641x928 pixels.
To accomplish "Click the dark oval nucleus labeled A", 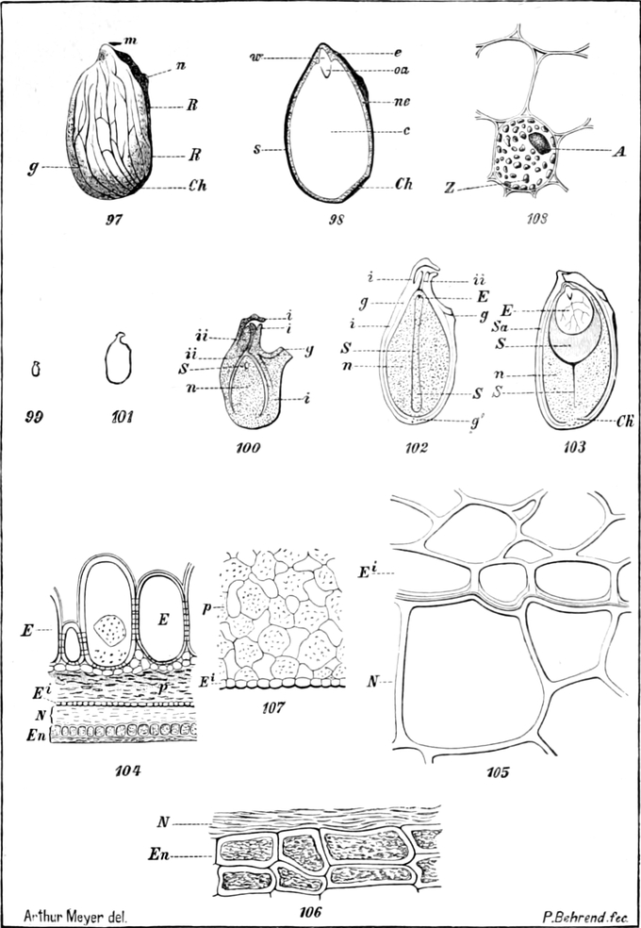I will coord(540,141).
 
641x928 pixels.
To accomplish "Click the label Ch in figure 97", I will coord(196,186).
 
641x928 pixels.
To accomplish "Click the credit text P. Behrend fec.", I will coord(583,915).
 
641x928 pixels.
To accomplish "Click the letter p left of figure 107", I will coord(207,608).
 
